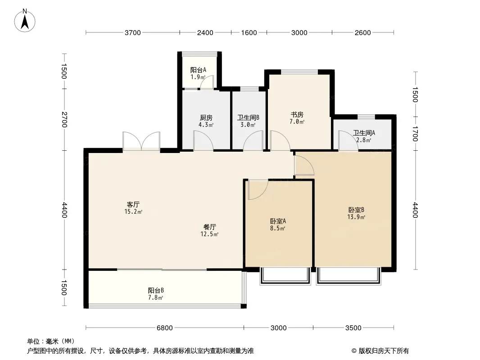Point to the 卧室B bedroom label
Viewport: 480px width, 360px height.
pos(356,210)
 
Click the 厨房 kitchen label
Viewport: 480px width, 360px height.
pos(206,118)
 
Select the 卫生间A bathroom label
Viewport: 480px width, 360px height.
pos(364,133)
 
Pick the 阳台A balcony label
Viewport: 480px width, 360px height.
pos(198,70)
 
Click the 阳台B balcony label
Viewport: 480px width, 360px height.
pos(156,290)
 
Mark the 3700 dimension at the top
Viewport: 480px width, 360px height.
pos(133,32)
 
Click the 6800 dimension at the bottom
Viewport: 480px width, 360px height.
pos(165,328)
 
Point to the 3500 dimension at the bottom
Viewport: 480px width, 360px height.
pos(353,328)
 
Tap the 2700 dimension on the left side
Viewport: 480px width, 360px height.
pos(64,119)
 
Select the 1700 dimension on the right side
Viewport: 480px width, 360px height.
pos(415,133)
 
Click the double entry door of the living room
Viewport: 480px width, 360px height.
pos(141,141)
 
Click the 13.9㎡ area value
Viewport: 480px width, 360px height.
pos(356,217)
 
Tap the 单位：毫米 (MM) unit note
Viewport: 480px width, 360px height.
pos(50,341)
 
